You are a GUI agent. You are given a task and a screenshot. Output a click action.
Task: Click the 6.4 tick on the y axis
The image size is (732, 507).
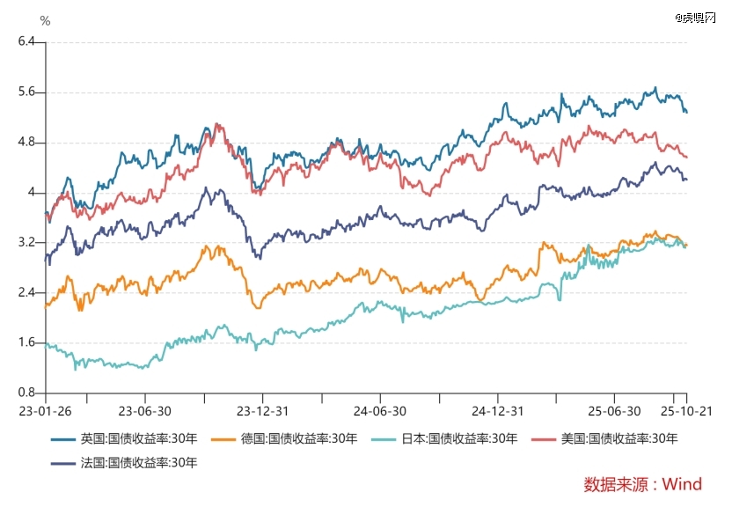coord(25,41)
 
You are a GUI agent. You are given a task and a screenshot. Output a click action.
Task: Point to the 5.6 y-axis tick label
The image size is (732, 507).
coord(25,92)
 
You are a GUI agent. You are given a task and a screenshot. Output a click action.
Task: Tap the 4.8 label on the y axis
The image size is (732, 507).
coord(25,142)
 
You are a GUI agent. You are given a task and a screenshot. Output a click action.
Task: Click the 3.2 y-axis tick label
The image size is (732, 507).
coord(25,242)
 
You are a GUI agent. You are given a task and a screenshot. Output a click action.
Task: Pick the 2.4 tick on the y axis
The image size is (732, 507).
coord(25,292)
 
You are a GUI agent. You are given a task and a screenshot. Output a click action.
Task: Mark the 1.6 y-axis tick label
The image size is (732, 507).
coord(25,342)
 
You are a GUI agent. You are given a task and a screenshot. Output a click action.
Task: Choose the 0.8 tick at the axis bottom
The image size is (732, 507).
coord(25,393)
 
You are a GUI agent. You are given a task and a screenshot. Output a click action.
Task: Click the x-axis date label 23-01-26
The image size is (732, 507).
coord(46,410)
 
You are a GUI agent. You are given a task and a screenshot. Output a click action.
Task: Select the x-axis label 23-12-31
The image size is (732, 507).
coord(261,410)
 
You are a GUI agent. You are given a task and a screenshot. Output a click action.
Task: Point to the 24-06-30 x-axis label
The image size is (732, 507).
coord(379,410)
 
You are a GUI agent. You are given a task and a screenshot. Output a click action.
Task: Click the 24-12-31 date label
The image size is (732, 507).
coord(497,410)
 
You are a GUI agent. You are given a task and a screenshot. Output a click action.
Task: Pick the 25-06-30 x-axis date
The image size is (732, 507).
coord(614,410)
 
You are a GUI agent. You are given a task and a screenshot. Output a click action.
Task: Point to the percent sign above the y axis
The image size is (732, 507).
coord(45,21)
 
